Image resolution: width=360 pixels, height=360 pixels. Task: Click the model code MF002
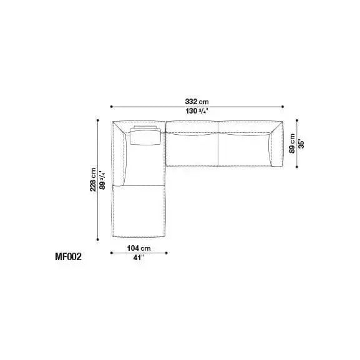[x=68, y=256]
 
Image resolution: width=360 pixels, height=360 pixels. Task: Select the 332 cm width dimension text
[x=197, y=101]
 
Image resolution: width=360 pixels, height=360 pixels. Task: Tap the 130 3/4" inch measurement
[x=197, y=111]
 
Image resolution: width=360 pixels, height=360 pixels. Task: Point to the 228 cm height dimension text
[x=93, y=180]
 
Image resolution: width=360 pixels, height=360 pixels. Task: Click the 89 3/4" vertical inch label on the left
[x=102, y=180]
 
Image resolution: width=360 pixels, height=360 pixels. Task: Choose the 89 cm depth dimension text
[x=292, y=144]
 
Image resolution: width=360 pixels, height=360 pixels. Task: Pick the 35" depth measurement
[x=301, y=144]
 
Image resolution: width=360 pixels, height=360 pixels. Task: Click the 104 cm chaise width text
[x=139, y=248]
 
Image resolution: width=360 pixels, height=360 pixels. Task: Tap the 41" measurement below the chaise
[x=139, y=258]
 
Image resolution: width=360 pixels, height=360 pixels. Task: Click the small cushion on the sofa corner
[x=145, y=135]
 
